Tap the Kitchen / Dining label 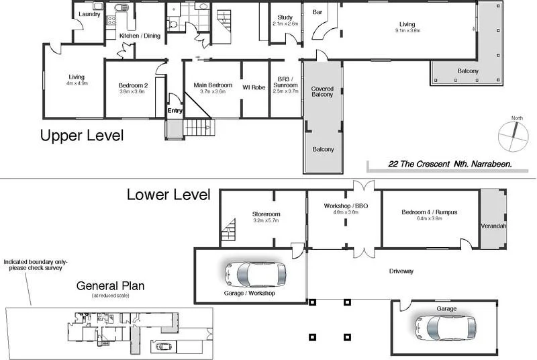[140, 36]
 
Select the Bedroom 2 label [133, 85]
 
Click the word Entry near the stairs [175, 111]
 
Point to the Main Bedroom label [213, 85]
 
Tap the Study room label [284, 17]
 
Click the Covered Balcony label [322, 92]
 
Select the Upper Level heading [82, 136]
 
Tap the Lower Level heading [168, 195]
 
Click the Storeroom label [266, 214]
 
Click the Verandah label [493, 226]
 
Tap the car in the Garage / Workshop [255, 274]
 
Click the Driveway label [401, 271]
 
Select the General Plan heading [110, 285]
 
